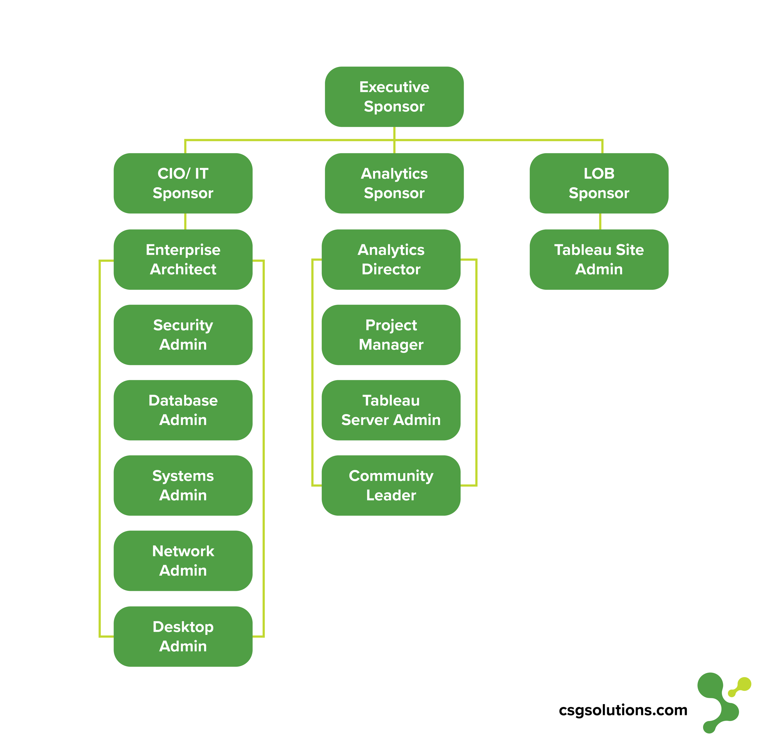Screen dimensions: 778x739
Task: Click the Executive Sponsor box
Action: (394, 96)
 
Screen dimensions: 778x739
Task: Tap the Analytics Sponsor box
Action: (394, 183)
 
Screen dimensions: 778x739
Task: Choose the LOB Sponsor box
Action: (599, 183)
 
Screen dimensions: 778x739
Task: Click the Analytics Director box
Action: (391, 260)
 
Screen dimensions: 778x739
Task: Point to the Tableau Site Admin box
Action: (599, 260)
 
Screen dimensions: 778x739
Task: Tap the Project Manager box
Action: (391, 335)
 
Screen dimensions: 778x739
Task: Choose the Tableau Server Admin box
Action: (391, 410)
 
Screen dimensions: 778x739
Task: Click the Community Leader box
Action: (391, 485)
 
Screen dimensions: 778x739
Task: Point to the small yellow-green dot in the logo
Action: (732, 693)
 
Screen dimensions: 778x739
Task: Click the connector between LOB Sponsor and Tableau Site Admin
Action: (600, 221)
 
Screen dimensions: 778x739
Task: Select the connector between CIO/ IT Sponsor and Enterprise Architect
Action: (185, 221)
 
